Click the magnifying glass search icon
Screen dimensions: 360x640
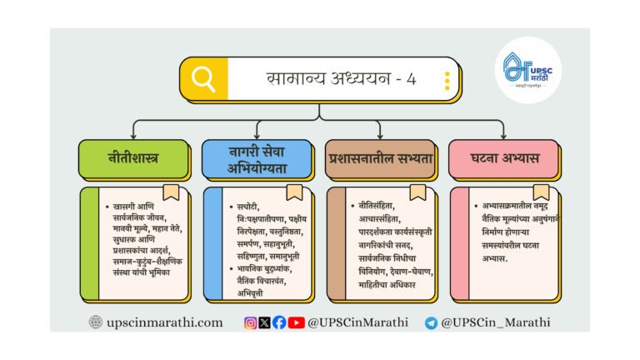[202, 79]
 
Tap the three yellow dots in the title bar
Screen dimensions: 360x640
[447, 80]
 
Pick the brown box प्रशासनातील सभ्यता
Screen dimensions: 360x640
[381, 158]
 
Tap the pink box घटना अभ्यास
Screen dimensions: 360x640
[504, 158]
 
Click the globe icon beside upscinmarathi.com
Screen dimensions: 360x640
[96, 322]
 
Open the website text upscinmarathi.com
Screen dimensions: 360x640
[164, 322]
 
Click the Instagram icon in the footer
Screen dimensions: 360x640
[251, 322]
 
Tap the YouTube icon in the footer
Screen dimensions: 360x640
[296, 322]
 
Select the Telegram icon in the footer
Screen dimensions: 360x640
[431, 323]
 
